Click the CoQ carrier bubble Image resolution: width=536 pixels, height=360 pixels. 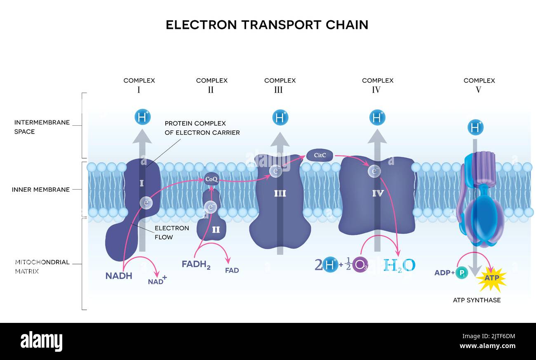click(211, 179)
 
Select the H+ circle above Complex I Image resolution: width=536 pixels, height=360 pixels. click(143, 118)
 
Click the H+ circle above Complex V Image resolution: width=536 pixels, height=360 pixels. click(475, 127)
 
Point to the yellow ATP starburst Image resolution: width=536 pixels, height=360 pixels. click(491, 278)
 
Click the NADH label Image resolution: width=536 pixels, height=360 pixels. click(119, 276)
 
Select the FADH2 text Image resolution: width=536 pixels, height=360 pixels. click(196, 264)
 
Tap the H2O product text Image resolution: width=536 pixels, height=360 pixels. click(399, 265)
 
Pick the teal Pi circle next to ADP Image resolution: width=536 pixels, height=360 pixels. click(462, 273)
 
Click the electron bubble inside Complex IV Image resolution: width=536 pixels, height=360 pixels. click(374, 171)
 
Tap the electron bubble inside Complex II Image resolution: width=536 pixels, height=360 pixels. click(211, 207)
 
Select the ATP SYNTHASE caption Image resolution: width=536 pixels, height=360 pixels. click(477, 300)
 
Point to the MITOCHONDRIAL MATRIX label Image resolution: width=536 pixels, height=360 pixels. click(42, 266)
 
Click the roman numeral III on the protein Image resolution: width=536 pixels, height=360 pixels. click(280, 193)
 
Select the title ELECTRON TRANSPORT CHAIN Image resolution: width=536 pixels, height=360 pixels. click(267, 25)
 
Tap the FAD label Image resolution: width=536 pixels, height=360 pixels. click(232, 271)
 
